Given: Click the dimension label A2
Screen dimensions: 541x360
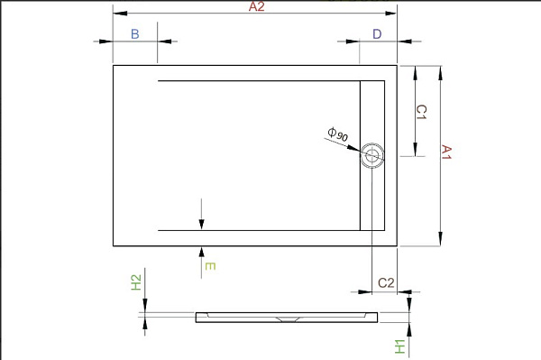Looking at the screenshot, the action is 256,6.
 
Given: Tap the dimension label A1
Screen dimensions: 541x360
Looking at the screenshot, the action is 445,152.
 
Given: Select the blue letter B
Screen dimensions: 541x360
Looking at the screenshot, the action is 134,33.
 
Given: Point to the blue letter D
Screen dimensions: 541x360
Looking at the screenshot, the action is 377,33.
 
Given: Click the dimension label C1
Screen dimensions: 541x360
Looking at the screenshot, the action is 421,113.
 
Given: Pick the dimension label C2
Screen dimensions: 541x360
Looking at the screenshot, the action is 386,283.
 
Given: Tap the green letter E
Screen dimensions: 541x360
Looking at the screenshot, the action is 209,266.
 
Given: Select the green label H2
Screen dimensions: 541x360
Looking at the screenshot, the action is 136,282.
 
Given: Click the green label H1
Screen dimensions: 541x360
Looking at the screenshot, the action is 398,346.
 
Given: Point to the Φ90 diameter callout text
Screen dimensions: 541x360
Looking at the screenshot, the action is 340,135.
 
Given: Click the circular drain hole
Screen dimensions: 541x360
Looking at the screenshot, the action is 372,157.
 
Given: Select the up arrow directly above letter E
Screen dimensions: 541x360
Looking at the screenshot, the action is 202,253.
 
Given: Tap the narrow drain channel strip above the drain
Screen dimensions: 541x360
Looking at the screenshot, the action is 372,113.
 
